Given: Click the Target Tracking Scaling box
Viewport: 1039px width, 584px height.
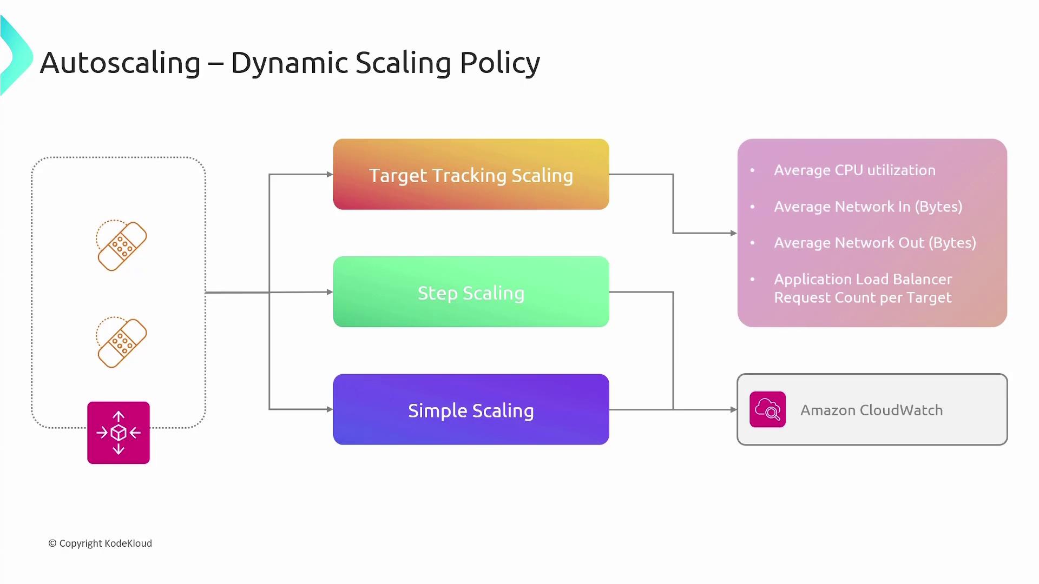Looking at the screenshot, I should pos(471,174).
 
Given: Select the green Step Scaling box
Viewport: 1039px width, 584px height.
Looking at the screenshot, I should pos(471,292).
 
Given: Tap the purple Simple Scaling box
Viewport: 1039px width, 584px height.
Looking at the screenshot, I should pos(471,409).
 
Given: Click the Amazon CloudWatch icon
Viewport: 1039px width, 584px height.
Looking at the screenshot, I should pos(767,409).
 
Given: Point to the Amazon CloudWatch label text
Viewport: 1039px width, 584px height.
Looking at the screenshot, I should pos(871,410).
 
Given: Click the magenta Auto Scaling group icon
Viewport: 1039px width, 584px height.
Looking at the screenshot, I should pos(119,433).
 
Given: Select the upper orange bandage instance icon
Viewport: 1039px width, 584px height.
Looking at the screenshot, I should pos(122,245).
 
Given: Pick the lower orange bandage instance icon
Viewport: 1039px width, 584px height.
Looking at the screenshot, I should pos(122,342).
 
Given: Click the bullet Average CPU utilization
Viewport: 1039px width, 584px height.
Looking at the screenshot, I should pos(854,170).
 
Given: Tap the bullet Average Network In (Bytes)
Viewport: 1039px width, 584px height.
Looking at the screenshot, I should pos(868,207).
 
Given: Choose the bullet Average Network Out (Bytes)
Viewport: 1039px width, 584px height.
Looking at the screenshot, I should pos(875,243).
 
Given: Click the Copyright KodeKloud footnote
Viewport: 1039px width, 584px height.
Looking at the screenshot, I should pos(100,543).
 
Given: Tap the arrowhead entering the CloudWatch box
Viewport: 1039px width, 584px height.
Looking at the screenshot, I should pos(733,409).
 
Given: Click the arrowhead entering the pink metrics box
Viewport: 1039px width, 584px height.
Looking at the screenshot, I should pos(733,233).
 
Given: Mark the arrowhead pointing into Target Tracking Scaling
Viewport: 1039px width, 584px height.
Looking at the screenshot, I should pos(330,174).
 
